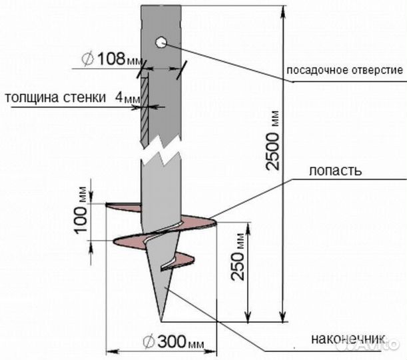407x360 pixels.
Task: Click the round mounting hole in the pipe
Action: [x=161, y=43]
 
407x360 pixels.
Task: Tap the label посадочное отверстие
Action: [x=344, y=70]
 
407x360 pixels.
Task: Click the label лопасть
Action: [x=335, y=171]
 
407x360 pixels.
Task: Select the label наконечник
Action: [x=348, y=339]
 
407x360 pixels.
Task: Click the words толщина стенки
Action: [x=55, y=97]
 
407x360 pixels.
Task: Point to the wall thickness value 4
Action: [x=119, y=97]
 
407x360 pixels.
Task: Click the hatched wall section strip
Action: [x=145, y=111]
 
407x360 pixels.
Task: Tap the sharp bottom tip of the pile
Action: [x=161, y=321]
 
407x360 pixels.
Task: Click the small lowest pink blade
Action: [x=179, y=261]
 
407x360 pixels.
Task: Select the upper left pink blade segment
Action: [x=123, y=207]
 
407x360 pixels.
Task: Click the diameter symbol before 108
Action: [x=88, y=59]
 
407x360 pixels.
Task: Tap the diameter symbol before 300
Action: [x=149, y=341]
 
